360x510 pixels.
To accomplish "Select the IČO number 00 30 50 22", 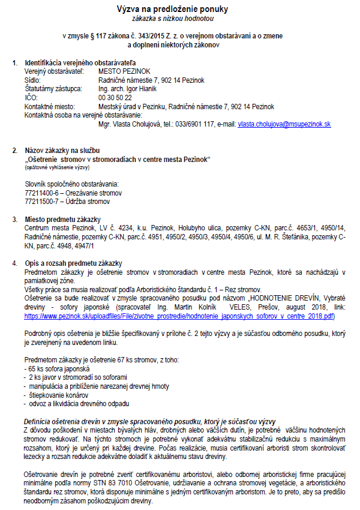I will (115, 97).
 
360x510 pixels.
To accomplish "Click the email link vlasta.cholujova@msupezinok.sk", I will (284, 124).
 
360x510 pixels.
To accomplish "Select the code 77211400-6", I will (43, 192).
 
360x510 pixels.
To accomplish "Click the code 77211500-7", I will (43, 201).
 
